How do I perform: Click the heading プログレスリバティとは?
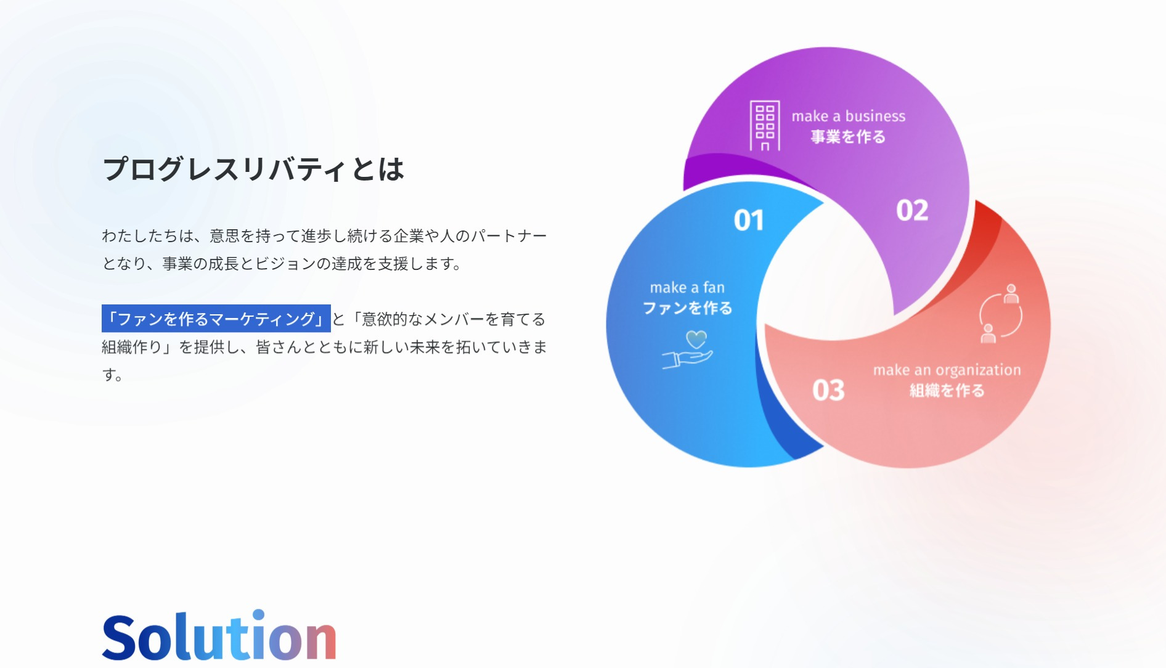point(253,169)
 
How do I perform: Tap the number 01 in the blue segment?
point(749,220)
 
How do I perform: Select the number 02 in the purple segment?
point(912,210)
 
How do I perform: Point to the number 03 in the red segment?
point(828,390)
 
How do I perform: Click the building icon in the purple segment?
point(765,126)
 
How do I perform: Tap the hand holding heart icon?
point(688,349)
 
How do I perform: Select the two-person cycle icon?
point(1000,314)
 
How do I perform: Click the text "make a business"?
point(849,116)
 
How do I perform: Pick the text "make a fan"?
point(687,287)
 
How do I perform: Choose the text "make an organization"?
point(947,370)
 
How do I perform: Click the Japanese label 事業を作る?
point(848,137)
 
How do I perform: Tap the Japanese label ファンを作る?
point(688,308)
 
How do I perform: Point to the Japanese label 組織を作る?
point(947,391)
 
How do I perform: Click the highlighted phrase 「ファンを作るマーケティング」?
point(216,319)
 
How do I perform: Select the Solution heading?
point(219,636)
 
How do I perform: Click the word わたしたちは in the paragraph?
point(147,235)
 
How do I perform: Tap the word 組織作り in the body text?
point(132,347)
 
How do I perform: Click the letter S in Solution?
point(119,637)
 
